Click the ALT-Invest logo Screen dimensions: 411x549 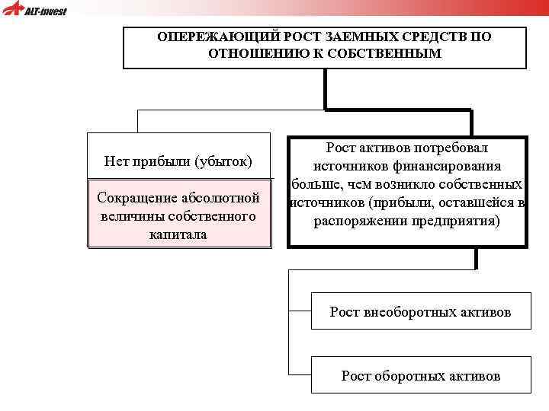[35, 11]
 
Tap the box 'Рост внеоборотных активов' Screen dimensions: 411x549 [420, 311]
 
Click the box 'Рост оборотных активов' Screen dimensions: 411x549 [420, 375]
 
